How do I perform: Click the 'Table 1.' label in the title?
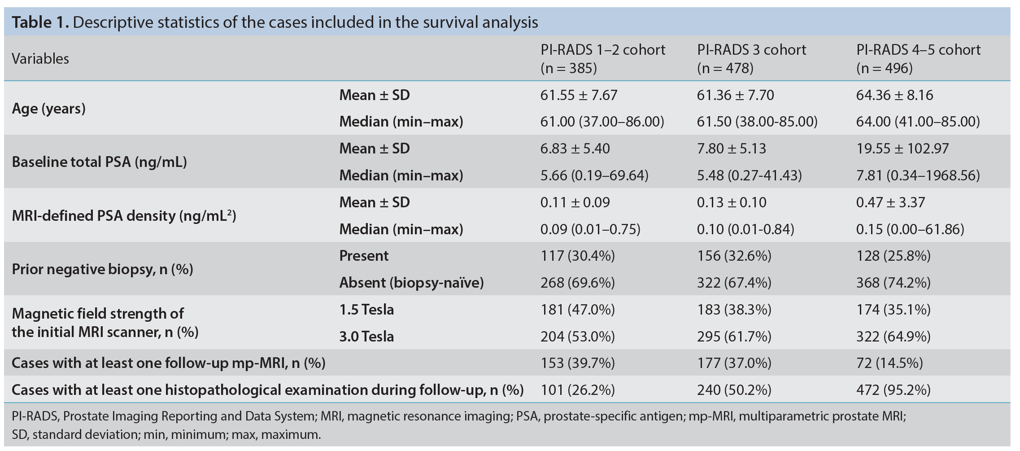pyautogui.click(x=40, y=22)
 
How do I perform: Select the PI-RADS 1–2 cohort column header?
pyautogui.click(x=603, y=59)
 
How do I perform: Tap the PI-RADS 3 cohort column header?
pyautogui.click(x=751, y=59)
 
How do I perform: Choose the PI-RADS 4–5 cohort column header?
pyautogui.click(x=918, y=59)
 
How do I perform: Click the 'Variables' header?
pyautogui.click(x=40, y=59)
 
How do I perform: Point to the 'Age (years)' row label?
pyautogui.click(x=48, y=109)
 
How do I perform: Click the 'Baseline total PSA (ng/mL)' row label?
pyautogui.click(x=99, y=162)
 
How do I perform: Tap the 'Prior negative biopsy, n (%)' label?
pyautogui.click(x=102, y=269)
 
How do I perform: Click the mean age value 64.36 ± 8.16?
pyautogui.click(x=894, y=95)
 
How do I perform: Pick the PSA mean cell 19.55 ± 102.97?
pyautogui.click(x=902, y=149)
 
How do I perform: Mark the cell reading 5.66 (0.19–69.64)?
pyautogui.click(x=594, y=175)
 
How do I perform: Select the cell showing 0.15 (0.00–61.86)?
pyautogui.click(x=910, y=229)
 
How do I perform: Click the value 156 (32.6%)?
pyautogui.click(x=734, y=256)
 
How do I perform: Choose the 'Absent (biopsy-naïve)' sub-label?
pyautogui.click(x=411, y=283)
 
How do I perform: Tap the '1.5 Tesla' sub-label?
pyautogui.click(x=366, y=310)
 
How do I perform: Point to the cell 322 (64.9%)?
pyautogui.click(x=894, y=337)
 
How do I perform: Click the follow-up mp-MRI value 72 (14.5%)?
pyautogui.click(x=889, y=363)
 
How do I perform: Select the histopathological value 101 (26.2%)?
pyautogui.click(x=578, y=390)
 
